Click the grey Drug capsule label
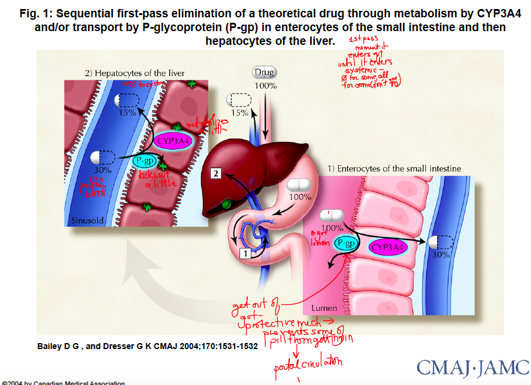(x=264, y=72)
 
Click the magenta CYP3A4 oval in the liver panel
(x=174, y=141)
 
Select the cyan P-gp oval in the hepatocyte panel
(x=145, y=160)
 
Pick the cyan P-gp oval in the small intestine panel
(x=346, y=243)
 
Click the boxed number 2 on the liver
(x=217, y=174)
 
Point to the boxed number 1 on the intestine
(x=245, y=253)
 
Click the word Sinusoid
(x=87, y=221)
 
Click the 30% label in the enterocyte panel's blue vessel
(x=441, y=254)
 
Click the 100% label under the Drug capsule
(x=266, y=86)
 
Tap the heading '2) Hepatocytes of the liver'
(x=135, y=73)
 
